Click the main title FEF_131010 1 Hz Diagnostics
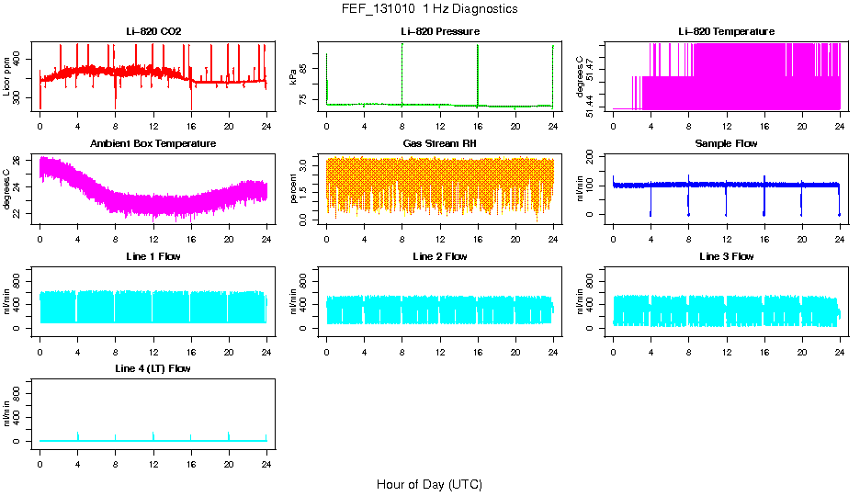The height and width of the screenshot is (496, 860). point(429,9)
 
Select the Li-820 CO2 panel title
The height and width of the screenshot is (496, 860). point(153,32)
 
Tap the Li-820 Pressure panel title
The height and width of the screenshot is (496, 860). point(440,32)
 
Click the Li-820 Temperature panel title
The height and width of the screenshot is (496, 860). point(726,32)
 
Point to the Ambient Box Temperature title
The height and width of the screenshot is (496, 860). point(153,144)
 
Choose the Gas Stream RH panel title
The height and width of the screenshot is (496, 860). point(440,144)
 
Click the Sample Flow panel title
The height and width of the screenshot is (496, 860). point(726,144)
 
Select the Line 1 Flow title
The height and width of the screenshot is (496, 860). point(153,256)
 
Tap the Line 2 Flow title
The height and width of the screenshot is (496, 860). point(440,256)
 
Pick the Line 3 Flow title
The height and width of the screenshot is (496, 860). point(726,256)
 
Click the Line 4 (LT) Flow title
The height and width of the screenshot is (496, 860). point(153,368)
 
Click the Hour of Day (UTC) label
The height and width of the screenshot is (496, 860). point(429,484)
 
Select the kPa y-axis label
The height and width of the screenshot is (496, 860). point(293,77)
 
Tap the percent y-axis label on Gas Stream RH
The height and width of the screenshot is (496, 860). point(293,188)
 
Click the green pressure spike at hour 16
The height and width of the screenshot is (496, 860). point(478,73)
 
